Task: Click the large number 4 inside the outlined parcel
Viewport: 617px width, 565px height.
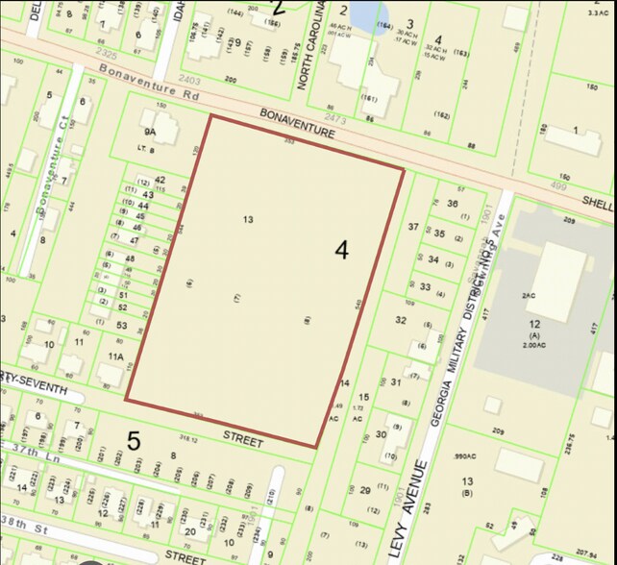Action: (342, 250)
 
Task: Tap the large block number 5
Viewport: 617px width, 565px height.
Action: (134, 441)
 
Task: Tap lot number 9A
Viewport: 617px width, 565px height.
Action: (149, 131)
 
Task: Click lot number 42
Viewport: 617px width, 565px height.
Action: (160, 180)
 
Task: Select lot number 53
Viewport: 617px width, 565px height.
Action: (122, 326)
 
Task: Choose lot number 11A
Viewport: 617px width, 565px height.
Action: (116, 356)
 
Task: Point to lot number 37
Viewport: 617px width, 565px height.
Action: (413, 227)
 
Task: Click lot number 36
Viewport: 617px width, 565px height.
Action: (453, 204)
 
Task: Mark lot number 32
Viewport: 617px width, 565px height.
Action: (401, 320)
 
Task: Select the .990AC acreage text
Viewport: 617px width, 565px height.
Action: (466, 456)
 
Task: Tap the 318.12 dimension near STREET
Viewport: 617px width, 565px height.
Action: (187, 439)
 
